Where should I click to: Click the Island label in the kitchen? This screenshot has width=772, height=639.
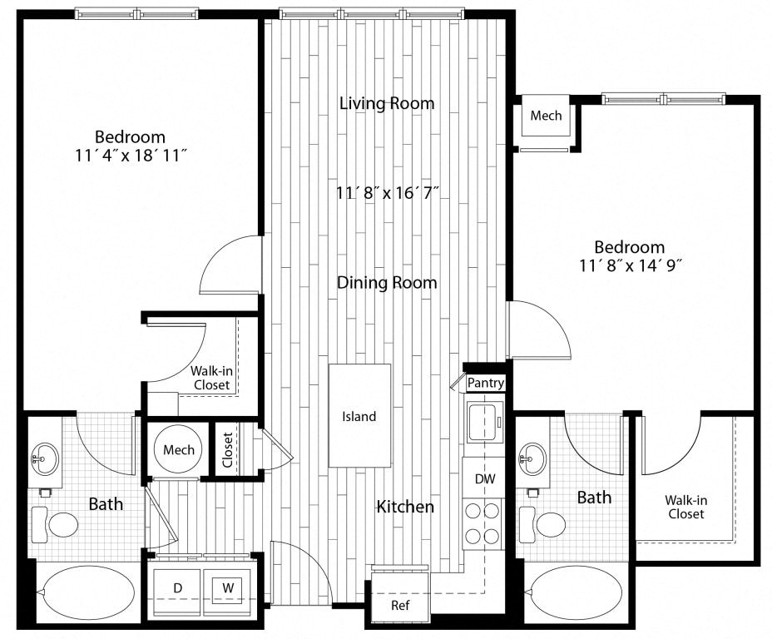(x=359, y=417)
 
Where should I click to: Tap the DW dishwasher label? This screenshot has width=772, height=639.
(x=485, y=478)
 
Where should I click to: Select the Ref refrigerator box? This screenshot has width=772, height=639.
(x=400, y=593)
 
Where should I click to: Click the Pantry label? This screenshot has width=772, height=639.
(x=486, y=383)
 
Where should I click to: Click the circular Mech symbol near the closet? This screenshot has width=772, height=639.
(x=178, y=449)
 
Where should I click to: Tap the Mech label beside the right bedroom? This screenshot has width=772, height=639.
(x=546, y=116)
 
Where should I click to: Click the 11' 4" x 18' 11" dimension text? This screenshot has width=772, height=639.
(x=130, y=156)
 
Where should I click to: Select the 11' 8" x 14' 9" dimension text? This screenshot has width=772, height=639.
(x=630, y=266)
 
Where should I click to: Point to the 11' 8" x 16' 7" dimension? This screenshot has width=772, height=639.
(x=387, y=192)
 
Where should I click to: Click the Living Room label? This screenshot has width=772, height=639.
(x=387, y=103)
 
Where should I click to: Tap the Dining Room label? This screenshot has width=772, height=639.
(x=387, y=283)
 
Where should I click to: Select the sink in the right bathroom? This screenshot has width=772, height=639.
(x=532, y=458)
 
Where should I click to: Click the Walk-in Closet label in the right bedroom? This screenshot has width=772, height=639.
(x=685, y=507)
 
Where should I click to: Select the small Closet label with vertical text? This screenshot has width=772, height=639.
(x=227, y=449)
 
